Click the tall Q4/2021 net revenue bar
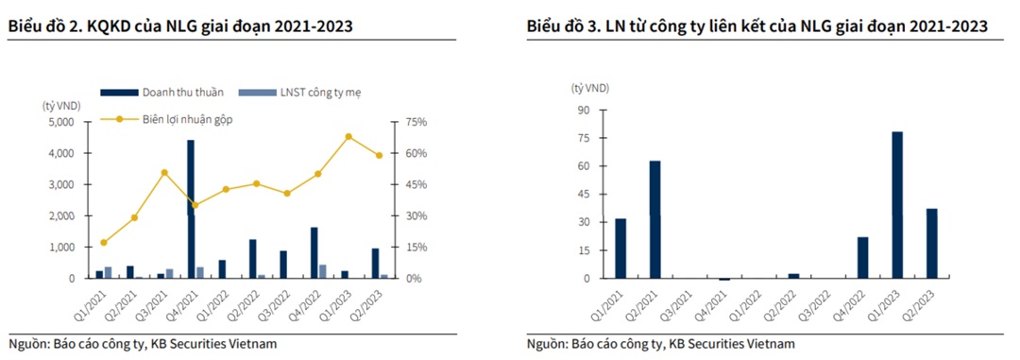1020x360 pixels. [191, 209]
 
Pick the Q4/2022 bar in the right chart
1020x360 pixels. [862, 257]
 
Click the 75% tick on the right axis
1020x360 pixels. [417, 122]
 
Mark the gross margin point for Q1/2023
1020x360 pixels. [348, 136]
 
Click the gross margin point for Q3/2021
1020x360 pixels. [164, 173]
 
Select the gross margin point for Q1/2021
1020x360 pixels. [103, 243]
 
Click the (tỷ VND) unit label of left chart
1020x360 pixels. [60, 105]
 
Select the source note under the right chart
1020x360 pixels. [661, 343]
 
